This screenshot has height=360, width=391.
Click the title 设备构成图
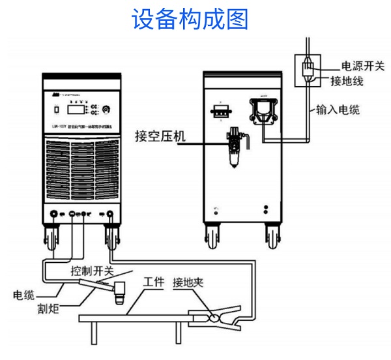click(190, 18)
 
